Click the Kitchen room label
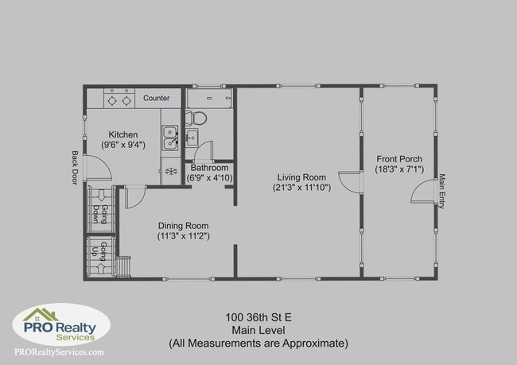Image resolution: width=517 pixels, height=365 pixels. [123, 134]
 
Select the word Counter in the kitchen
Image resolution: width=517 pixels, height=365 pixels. [157, 98]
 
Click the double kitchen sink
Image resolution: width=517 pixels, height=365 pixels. [170, 138]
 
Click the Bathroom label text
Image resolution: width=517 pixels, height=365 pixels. [210, 168]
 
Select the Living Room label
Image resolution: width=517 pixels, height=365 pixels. [301, 177]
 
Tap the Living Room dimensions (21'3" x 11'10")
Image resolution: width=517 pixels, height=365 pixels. [301, 188]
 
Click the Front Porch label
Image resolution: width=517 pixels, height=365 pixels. [399, 157]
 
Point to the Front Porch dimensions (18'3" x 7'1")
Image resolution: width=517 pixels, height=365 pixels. [399, 169]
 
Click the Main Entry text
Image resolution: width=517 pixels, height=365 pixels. [442, 191]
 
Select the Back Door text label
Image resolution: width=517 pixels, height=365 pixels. [76, 168]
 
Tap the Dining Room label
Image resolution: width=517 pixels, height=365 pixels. [183, 224]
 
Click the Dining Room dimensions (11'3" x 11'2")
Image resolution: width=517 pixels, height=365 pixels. [183, 235]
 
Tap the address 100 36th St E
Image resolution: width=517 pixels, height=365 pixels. [258, 317]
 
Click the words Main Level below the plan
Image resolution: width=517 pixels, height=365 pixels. [258, 330]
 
